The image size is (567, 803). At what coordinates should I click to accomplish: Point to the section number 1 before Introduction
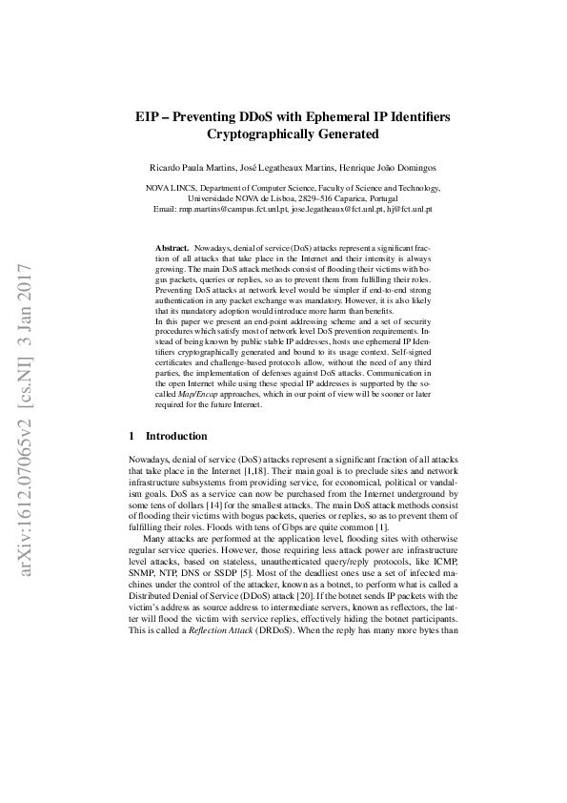pyautogui.click(x=132, y=436)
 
